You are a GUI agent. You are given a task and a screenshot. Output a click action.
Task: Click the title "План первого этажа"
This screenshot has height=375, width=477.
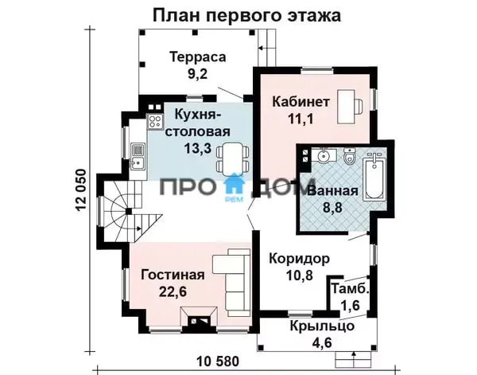pos(246,15)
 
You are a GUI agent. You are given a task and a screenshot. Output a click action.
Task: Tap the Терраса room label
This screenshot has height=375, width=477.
pos(198,57)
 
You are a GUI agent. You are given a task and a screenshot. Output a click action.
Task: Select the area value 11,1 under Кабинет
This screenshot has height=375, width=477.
pos(301,119)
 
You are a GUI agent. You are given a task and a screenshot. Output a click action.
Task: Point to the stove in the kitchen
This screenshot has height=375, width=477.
pos(154,121)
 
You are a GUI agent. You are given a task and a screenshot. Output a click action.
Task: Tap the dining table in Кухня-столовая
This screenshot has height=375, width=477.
pos(233,158)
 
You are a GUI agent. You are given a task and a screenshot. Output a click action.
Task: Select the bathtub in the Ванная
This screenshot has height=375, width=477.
pos(374,177)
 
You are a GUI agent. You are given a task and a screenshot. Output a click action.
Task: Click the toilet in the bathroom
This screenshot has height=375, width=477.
pos(349,156)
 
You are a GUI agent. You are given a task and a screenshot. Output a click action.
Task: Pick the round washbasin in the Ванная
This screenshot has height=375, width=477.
pos(323,156)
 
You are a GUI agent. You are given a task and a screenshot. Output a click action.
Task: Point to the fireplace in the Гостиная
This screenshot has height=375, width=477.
pos(199,319)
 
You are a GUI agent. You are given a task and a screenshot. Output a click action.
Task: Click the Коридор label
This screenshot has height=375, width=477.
pos(300,259)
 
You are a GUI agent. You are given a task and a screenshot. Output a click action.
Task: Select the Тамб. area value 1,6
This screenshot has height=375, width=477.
pos(349,304)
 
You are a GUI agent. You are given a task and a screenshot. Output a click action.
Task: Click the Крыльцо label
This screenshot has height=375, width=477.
pos(322,326)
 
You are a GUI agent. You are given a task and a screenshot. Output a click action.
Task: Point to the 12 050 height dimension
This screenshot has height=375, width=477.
pos(81,190)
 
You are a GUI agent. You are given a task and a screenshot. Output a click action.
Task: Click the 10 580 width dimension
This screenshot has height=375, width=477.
pos(218,361)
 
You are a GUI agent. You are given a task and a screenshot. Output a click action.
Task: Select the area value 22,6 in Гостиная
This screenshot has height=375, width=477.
pos(173,292)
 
